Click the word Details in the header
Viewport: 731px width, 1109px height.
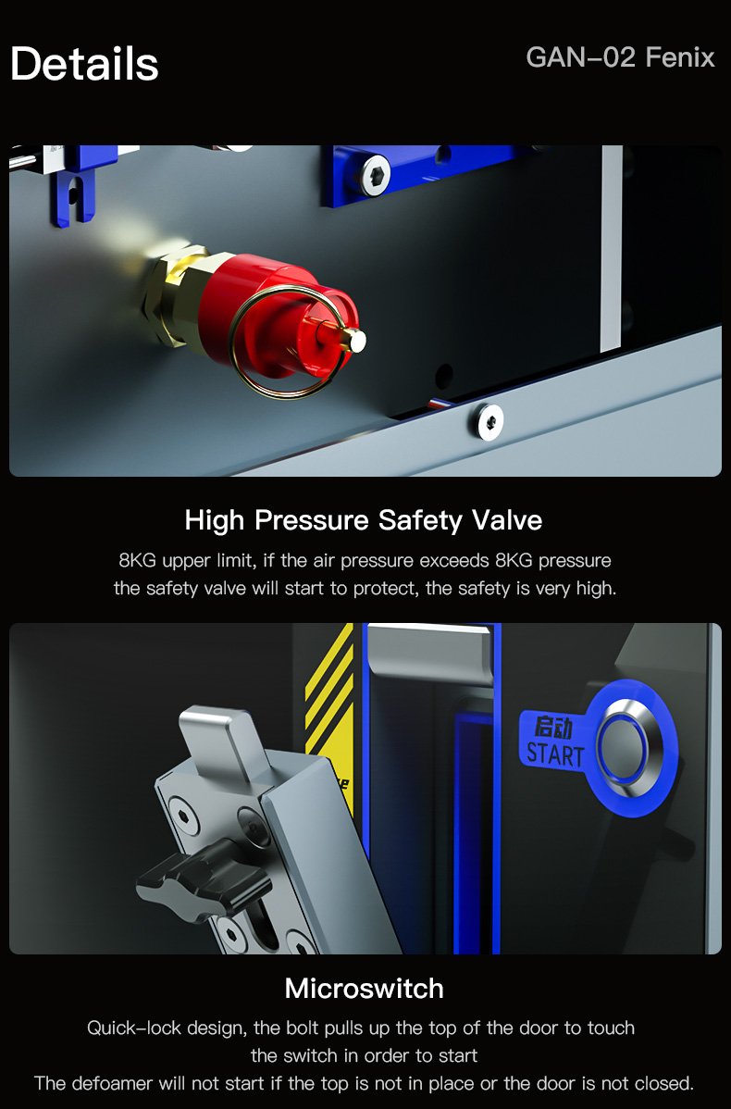84,64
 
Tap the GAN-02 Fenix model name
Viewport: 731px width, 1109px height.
620,57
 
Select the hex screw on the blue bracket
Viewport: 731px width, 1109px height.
376,175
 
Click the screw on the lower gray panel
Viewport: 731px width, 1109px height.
489,421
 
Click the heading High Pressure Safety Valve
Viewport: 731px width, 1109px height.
364,520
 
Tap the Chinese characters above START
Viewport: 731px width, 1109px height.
553,727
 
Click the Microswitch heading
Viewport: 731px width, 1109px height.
364,989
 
